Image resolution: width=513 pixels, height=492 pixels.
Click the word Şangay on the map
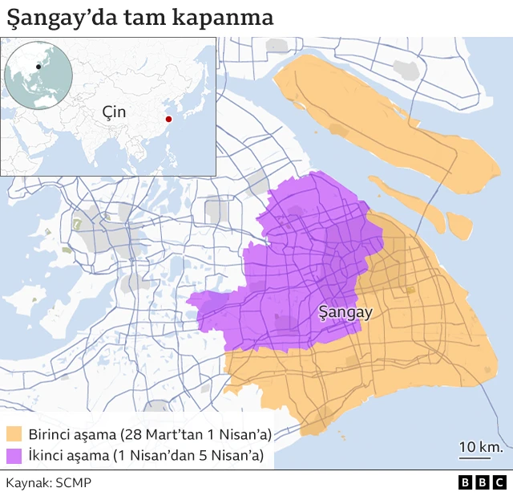click(x=345, y=312)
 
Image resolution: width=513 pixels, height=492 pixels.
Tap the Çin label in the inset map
click(x=114, y=112)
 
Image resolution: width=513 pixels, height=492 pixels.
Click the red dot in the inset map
click(x=168, y=120)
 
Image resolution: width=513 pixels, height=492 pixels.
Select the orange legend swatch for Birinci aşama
click(x=14, y=435)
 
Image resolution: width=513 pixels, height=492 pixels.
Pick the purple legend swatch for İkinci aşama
click(x=14, y=457)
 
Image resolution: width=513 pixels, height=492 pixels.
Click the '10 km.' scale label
click(x=480, y=446)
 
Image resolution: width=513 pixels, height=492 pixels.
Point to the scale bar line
click(x=475, y=459)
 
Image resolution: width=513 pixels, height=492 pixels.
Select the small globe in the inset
click(x=38, y=74)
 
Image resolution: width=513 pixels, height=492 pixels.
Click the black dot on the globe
click(x=38, y=66)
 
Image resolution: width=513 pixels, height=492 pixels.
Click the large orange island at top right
click(x=385, y=120)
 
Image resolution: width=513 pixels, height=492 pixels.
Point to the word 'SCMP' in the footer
click(x=74, y=482)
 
